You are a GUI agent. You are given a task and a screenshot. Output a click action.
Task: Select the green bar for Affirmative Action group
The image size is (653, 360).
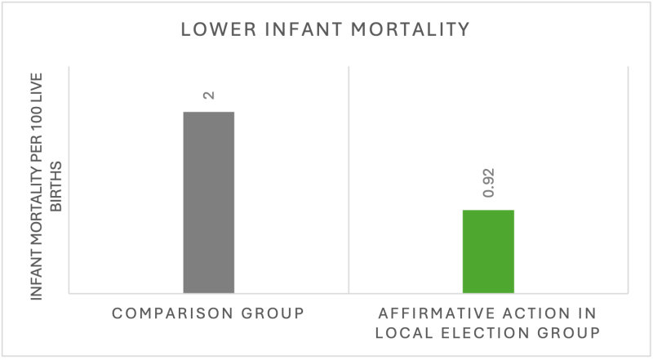(488, 251)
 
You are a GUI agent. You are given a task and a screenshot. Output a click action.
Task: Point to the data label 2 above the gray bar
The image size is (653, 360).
(209, 96)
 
